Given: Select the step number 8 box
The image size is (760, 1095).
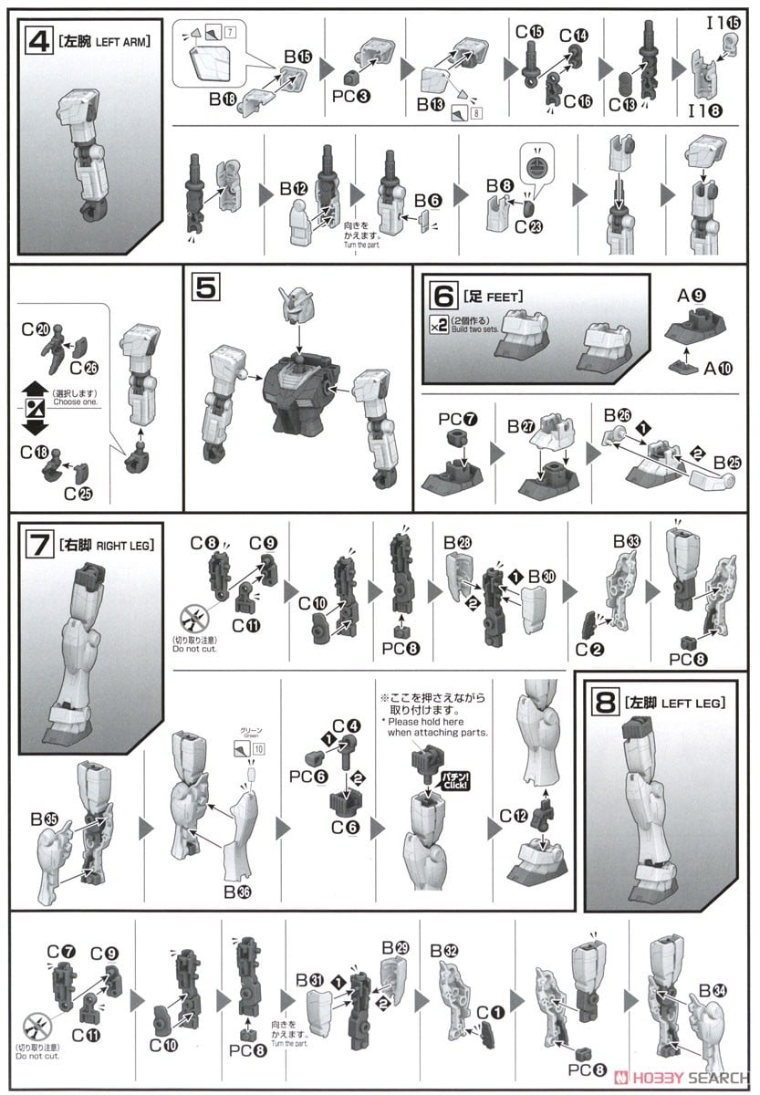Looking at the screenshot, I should tap(605, 704).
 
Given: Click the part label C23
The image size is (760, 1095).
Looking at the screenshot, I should tap(526, 227).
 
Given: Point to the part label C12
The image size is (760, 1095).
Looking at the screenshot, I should tap(513, 814).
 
